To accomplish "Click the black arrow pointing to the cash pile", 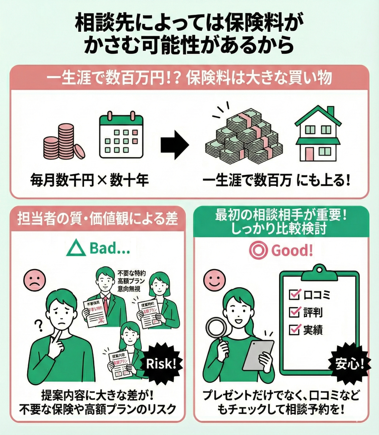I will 175,145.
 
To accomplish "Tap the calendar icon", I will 121,136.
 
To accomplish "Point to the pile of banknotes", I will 243,137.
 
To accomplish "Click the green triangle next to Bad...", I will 76,249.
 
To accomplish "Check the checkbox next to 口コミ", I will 294,294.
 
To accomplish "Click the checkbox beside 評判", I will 294,312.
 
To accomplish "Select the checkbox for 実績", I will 294,330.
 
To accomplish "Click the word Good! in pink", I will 292,250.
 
